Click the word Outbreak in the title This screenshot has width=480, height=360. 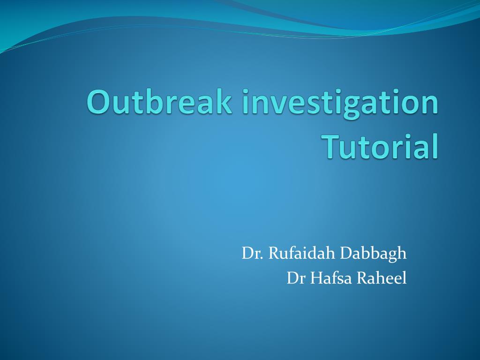tap(159, 102)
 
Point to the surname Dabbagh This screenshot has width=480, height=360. tap(374, 254)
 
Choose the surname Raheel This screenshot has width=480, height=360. tap(382, 278)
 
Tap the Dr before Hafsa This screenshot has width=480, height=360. tap(295, 278)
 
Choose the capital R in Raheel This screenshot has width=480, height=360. tap(362, 278)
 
